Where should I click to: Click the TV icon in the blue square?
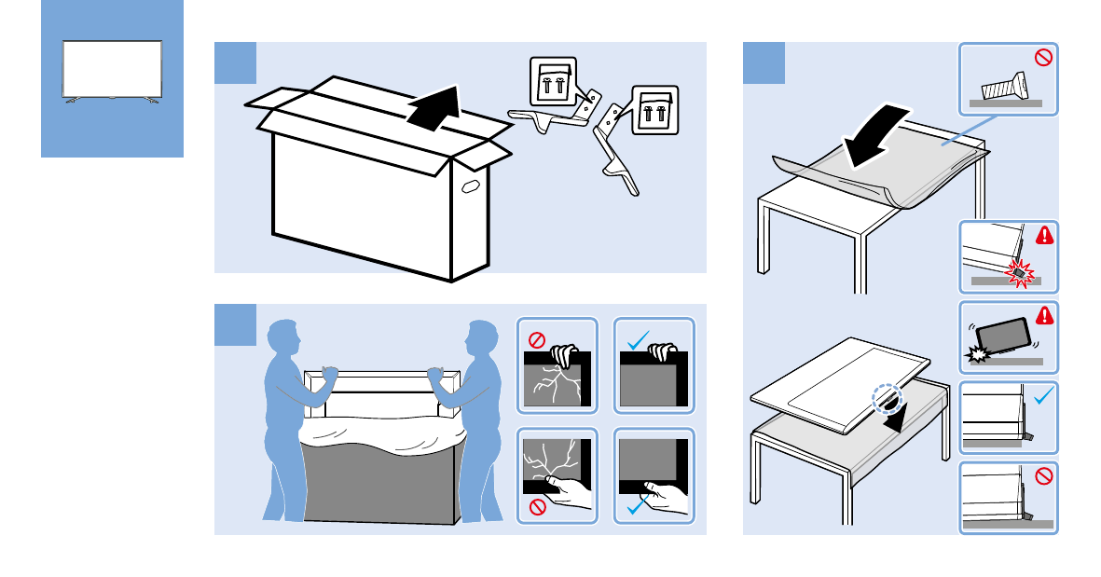coord(112,70)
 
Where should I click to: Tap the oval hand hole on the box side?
coord(470,187)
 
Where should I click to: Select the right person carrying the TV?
coord(479,419)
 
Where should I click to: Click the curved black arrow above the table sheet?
coord(874,136)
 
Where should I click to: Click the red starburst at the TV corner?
coord(1021,270)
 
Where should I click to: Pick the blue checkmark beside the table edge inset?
coord(1043,395)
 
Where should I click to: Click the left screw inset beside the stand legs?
coord(553,83)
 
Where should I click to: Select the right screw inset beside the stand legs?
coord(654,110)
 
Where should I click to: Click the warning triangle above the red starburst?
coord(1044,235)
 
